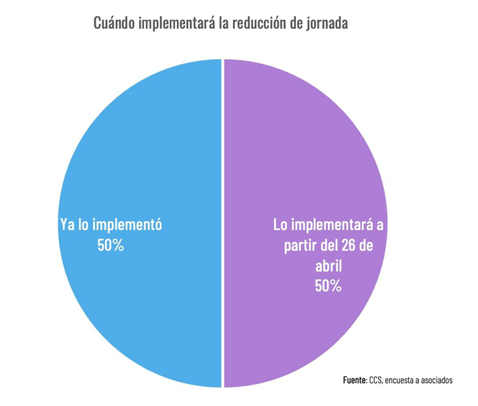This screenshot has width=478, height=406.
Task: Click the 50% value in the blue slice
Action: click(111, 245)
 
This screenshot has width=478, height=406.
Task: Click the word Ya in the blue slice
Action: click(66, 224)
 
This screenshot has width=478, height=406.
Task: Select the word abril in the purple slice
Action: click(329, 265)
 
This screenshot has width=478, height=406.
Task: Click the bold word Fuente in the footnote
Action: click(354, 381)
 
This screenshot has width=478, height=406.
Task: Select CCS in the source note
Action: click(376, 381)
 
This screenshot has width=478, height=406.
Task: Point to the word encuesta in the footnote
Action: click(404, 381)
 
